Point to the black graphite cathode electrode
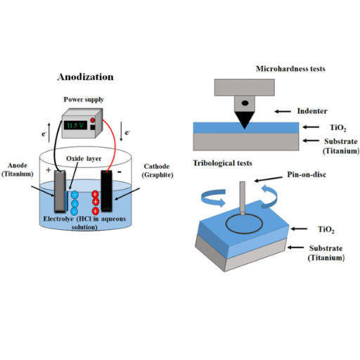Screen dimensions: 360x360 pyautogui.click(x=106, y=191)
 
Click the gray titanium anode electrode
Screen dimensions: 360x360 pyautogui.click(x=58, y=192)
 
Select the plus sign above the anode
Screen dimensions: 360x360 pyautogui.click(x=49, y=171)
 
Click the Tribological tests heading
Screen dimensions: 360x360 pyautogui.click(x=224, y=163)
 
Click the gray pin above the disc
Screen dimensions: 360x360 pyautogui.click(x=241, y=196)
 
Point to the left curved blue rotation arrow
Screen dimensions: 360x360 pyautogui.click(x=214, y=197)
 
